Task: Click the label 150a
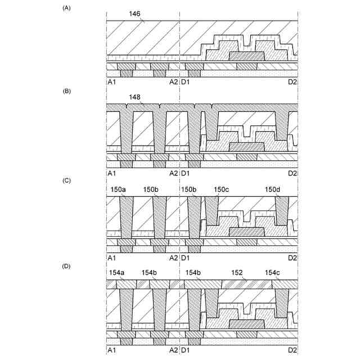tap(118, 190)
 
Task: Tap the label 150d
tap(274, 190)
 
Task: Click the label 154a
tap(116, 272)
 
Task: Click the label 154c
tap(274, 272)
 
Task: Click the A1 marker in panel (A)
tap(111, 82)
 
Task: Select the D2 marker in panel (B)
tap(292, 173)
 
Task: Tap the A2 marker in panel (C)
tap(173, 258)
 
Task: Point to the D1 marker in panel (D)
tap(186, 349)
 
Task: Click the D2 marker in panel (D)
tap(292, 349)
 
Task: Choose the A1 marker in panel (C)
tap(111, 258)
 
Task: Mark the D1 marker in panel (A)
tap(186, 82)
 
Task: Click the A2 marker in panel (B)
tap(173, 173)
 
